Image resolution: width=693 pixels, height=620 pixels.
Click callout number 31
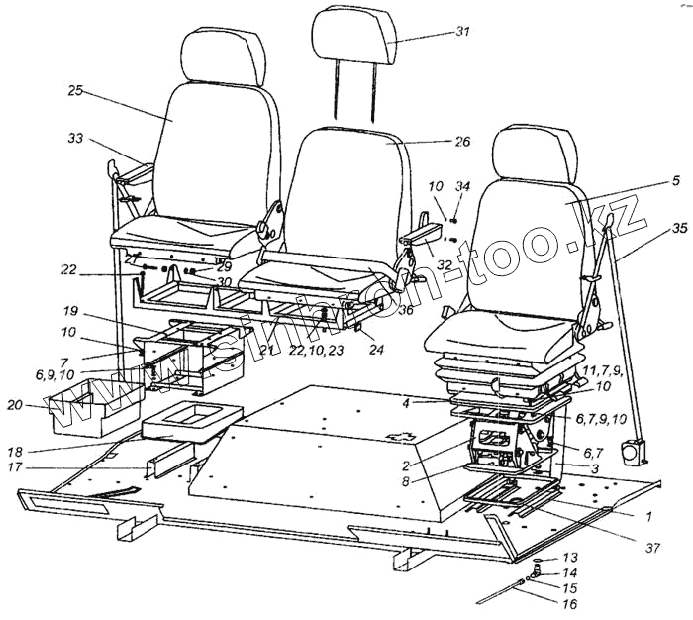point(462,31)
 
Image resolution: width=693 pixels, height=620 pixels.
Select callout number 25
point(74,90)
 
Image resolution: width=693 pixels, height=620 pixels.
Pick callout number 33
point(74,140)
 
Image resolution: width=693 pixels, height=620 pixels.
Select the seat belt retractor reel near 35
point(631,452)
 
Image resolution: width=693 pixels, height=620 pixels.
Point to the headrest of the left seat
point(222,55)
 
